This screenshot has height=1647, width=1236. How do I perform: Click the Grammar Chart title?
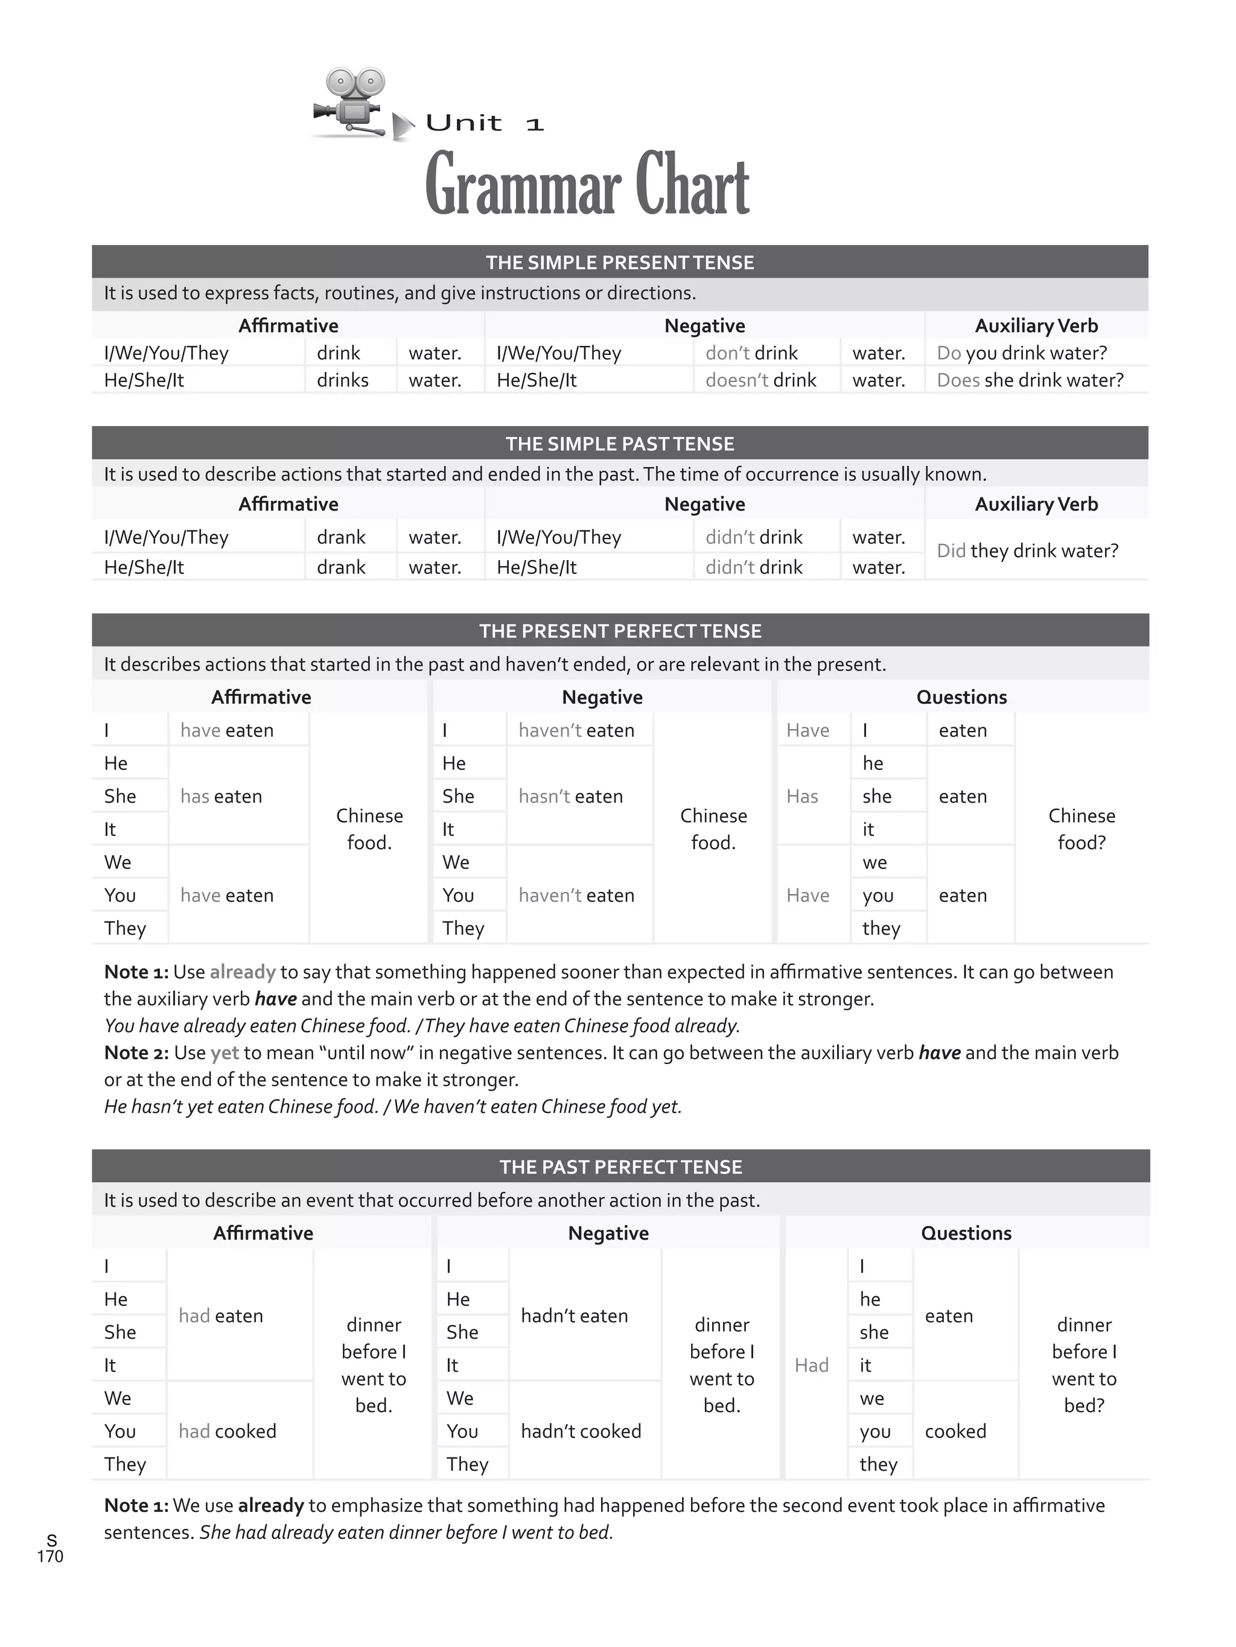coord(587,185)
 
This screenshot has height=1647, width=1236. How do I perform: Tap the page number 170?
coord(50,1556)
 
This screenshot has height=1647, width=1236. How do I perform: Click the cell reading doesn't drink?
coord(760,380)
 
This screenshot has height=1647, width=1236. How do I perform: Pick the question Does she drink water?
coord(1030,380)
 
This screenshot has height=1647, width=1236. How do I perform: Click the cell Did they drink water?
coord(1028,551)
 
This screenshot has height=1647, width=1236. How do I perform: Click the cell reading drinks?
coord(343,380)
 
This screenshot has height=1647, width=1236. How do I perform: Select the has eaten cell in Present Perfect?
coord(221,797)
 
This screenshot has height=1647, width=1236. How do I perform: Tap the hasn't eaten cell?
coord(570,797)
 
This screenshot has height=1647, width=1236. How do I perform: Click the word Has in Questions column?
coord(802,797)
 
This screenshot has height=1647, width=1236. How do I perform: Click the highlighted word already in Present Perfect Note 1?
coord(243,972)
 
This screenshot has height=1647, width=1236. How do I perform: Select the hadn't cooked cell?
coord(581,1431)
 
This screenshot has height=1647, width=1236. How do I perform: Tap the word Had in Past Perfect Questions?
coord(811,1365)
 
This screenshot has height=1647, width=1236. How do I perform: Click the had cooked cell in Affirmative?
coord(227,1431)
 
